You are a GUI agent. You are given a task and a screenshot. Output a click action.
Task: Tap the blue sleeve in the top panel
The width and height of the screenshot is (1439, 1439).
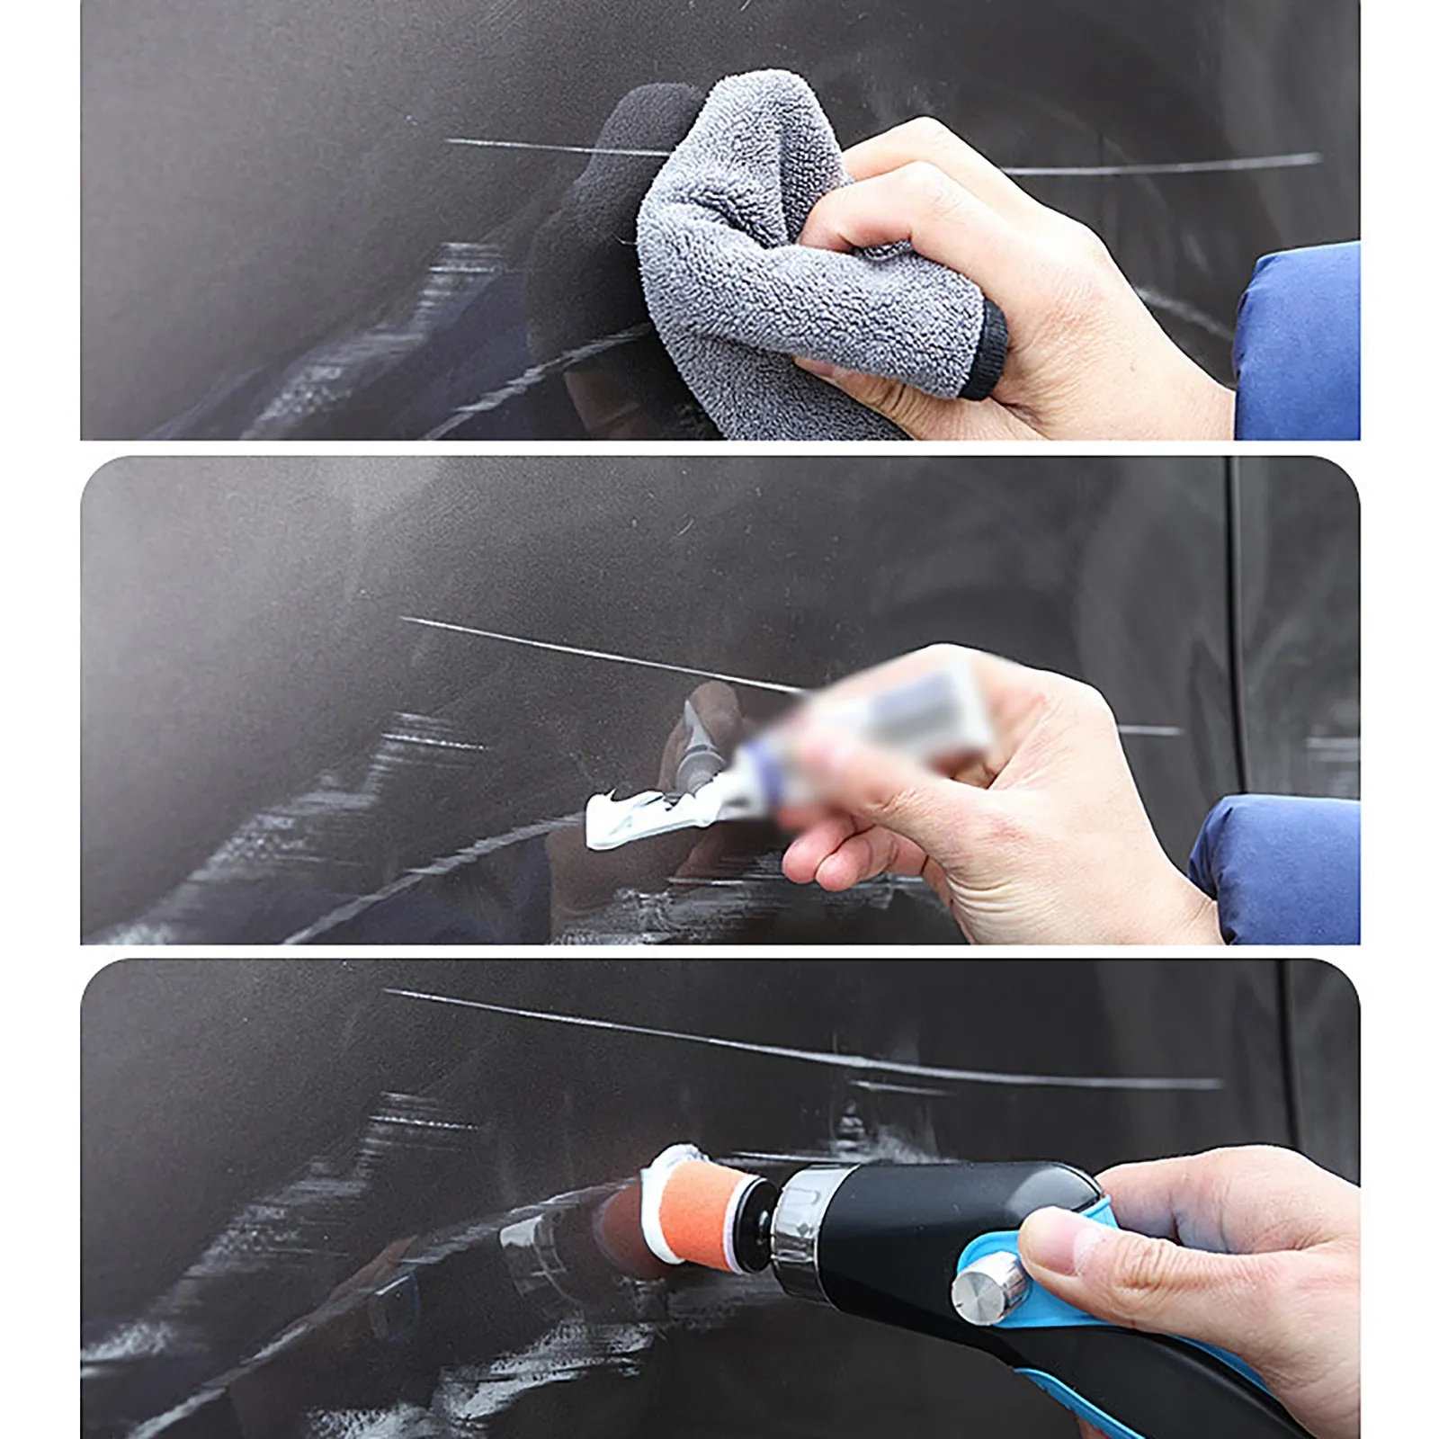click(1300, 342)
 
